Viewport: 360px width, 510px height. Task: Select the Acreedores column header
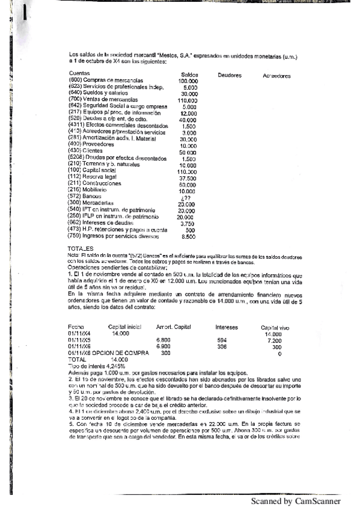pos(276,76)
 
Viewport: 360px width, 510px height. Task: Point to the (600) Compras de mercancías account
pos(106,80)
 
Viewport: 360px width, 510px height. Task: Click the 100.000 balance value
pos(189,81)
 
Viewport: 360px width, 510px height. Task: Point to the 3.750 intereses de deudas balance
pos(188,223)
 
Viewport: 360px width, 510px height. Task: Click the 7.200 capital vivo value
pos(275,340)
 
